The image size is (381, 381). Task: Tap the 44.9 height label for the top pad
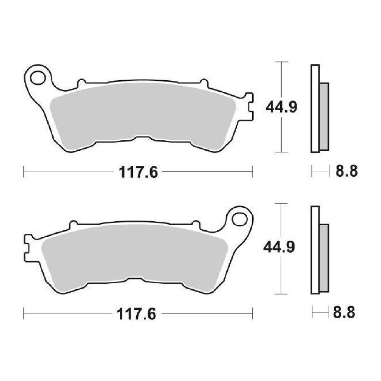[281, 107]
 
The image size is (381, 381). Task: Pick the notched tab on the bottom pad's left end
[27, 248]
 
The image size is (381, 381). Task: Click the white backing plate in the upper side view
[315, 108]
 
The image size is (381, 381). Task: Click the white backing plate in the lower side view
[315, 250]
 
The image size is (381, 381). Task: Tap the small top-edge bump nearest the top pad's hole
[81, 83]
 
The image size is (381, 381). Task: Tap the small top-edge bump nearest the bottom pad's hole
[196, 224]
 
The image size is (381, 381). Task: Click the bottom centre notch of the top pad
[143, 138]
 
